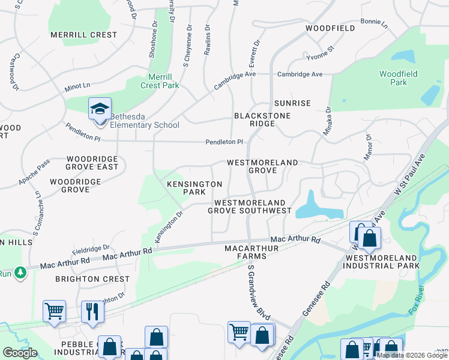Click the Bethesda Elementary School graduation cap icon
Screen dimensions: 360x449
pyautogui.click(x=100, y=109)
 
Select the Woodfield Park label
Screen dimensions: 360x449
pyautogui.click(x=398, y=78)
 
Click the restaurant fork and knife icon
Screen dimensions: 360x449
pyautogui.click(x=92, y=311)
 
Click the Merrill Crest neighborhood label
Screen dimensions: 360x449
pyautogui.click(x=83, y=35)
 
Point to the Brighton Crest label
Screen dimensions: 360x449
pyautogui.click(x=92, y=279)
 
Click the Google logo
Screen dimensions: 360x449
pyautogui.click(x=20, y=353)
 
